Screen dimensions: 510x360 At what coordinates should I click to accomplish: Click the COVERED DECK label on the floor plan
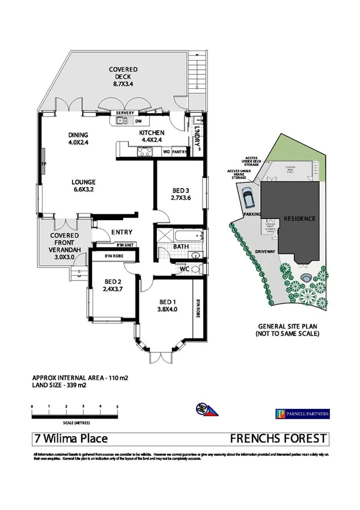123,77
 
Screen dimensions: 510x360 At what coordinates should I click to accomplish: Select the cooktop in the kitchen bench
144,152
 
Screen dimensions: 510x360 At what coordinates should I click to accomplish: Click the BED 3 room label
180,194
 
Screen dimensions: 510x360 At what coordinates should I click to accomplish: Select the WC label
185,269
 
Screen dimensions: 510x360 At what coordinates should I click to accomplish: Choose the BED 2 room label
114,284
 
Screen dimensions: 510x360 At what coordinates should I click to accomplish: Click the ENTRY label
122,232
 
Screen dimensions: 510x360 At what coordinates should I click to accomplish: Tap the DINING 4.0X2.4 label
78,138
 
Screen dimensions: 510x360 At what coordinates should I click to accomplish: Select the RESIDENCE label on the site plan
299,219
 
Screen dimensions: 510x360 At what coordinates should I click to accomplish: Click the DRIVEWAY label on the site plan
264,253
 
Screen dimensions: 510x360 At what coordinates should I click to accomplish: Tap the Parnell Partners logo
302,413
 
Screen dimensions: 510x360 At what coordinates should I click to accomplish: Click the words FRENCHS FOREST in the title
279,439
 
